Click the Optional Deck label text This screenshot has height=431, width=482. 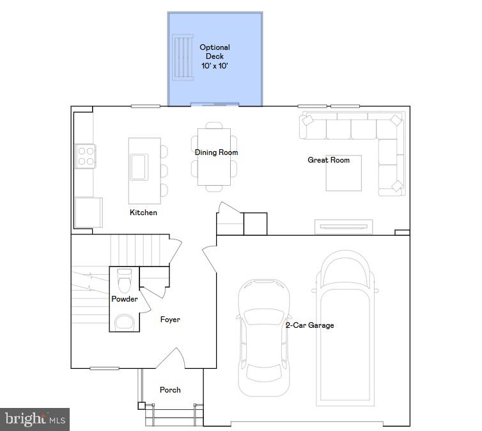(215, 56)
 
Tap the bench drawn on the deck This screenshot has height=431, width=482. (183, 58)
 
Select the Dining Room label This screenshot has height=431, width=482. (216, 152)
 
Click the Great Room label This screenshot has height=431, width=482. (329, 159)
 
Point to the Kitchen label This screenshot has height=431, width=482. (143, 212)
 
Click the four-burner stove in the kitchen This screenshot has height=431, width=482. (86, 156)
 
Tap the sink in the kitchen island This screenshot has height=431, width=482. (139, 167)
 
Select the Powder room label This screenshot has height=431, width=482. (125, 299)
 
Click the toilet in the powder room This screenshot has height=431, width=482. (124, 280)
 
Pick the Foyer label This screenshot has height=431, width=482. (170, 319)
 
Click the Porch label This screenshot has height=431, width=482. (170, 389)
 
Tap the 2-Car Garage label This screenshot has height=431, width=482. (309, 325)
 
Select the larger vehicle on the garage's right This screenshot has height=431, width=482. (345, 327)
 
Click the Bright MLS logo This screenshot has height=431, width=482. (35, 419)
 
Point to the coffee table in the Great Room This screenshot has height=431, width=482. (344, 174)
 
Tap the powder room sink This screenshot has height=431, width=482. (124, 322)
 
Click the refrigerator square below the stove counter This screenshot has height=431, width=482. (88, 212)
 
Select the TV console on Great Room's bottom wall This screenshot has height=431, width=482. (343, 226)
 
